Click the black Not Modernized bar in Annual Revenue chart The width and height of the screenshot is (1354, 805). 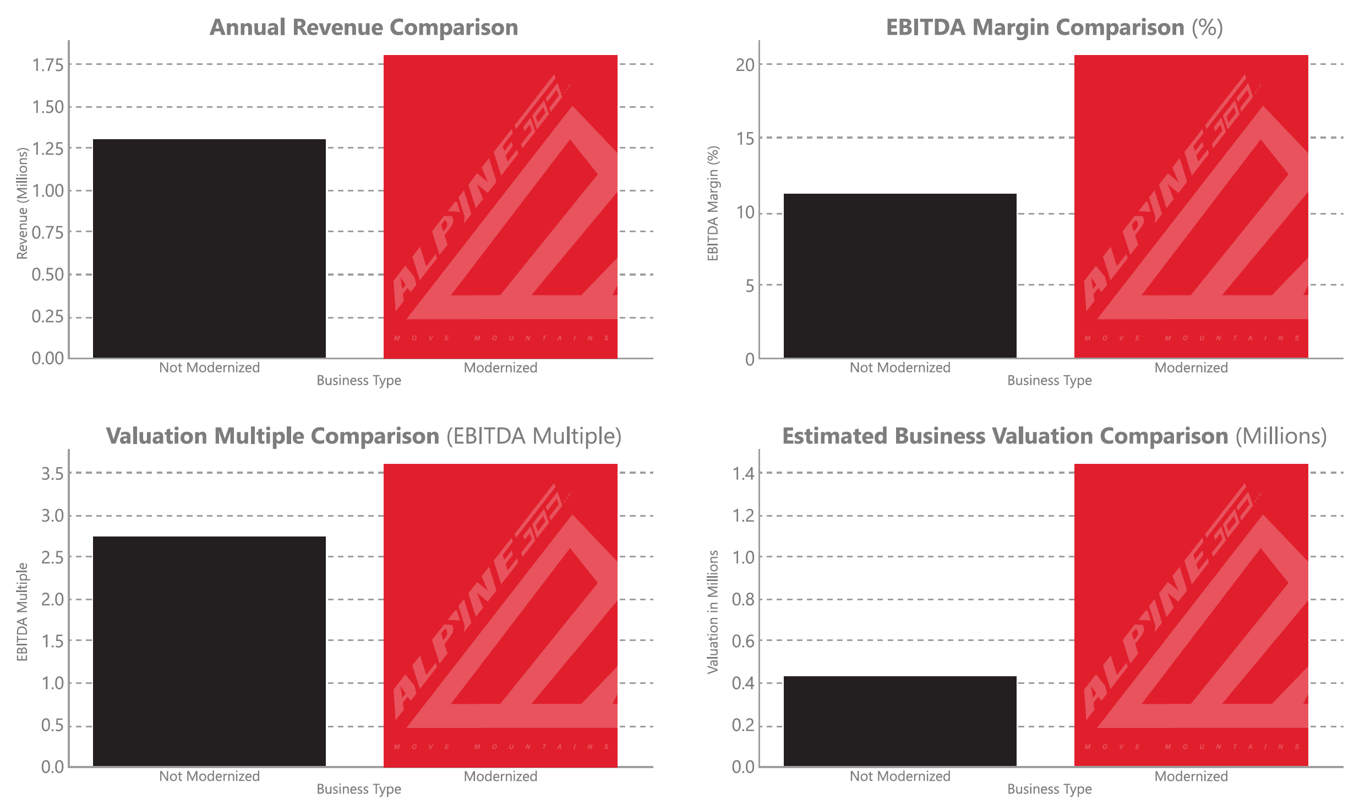tap(209, 249)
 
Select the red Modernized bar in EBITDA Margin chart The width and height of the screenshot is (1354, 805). tap(1191, 206)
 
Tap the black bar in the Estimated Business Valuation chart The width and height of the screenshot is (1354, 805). tap(899, 721)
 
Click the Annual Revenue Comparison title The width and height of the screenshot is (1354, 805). tap(363, 28)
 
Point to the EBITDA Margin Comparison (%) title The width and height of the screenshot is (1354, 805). tap(1054, 28)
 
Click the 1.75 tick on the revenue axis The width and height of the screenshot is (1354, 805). tap(48, 65)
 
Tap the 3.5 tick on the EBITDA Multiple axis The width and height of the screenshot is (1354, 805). tap(52, 473)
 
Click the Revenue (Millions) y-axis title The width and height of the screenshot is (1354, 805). tap(22, 203)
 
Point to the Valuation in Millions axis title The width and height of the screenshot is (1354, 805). tap(713, 611)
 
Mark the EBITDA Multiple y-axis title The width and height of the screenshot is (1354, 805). tap(22, 611)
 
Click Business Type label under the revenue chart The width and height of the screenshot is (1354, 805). tap(359, 380)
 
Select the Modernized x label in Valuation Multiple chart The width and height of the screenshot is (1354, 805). tap(500, 776)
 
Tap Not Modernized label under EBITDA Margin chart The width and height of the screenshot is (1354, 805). tap(899, 368)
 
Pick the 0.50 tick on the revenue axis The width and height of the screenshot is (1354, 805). tap(48, 274)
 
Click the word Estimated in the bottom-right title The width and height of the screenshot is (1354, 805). tap(829, 436)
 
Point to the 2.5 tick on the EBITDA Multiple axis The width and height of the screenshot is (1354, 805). tap(52, 557)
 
